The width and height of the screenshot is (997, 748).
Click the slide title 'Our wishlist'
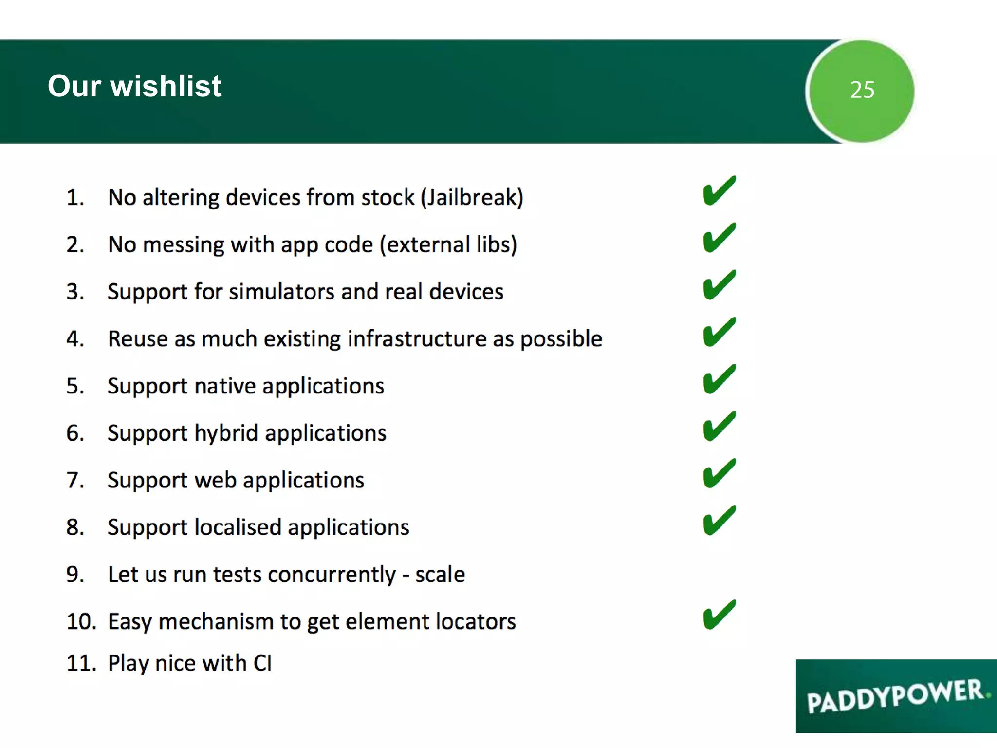pyautogui.click(x=134, y=87)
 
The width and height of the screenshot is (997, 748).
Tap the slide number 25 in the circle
pyautogui.click(x=862, y=90)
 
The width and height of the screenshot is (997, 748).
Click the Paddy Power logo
pyautogui.click(x=896, y=696)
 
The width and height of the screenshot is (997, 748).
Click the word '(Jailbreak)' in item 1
pyautogui.click(x=472, y=198)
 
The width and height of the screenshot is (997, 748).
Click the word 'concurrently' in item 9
pyautogui.click(x=332, y=575)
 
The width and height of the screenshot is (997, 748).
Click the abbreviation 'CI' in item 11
pyautogui.click(x=262, y=663)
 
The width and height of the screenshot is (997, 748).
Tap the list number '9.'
pyautogui.click(x=75, y=575)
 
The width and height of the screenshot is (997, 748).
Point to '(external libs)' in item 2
pyautogui.click(x=448, y=245)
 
